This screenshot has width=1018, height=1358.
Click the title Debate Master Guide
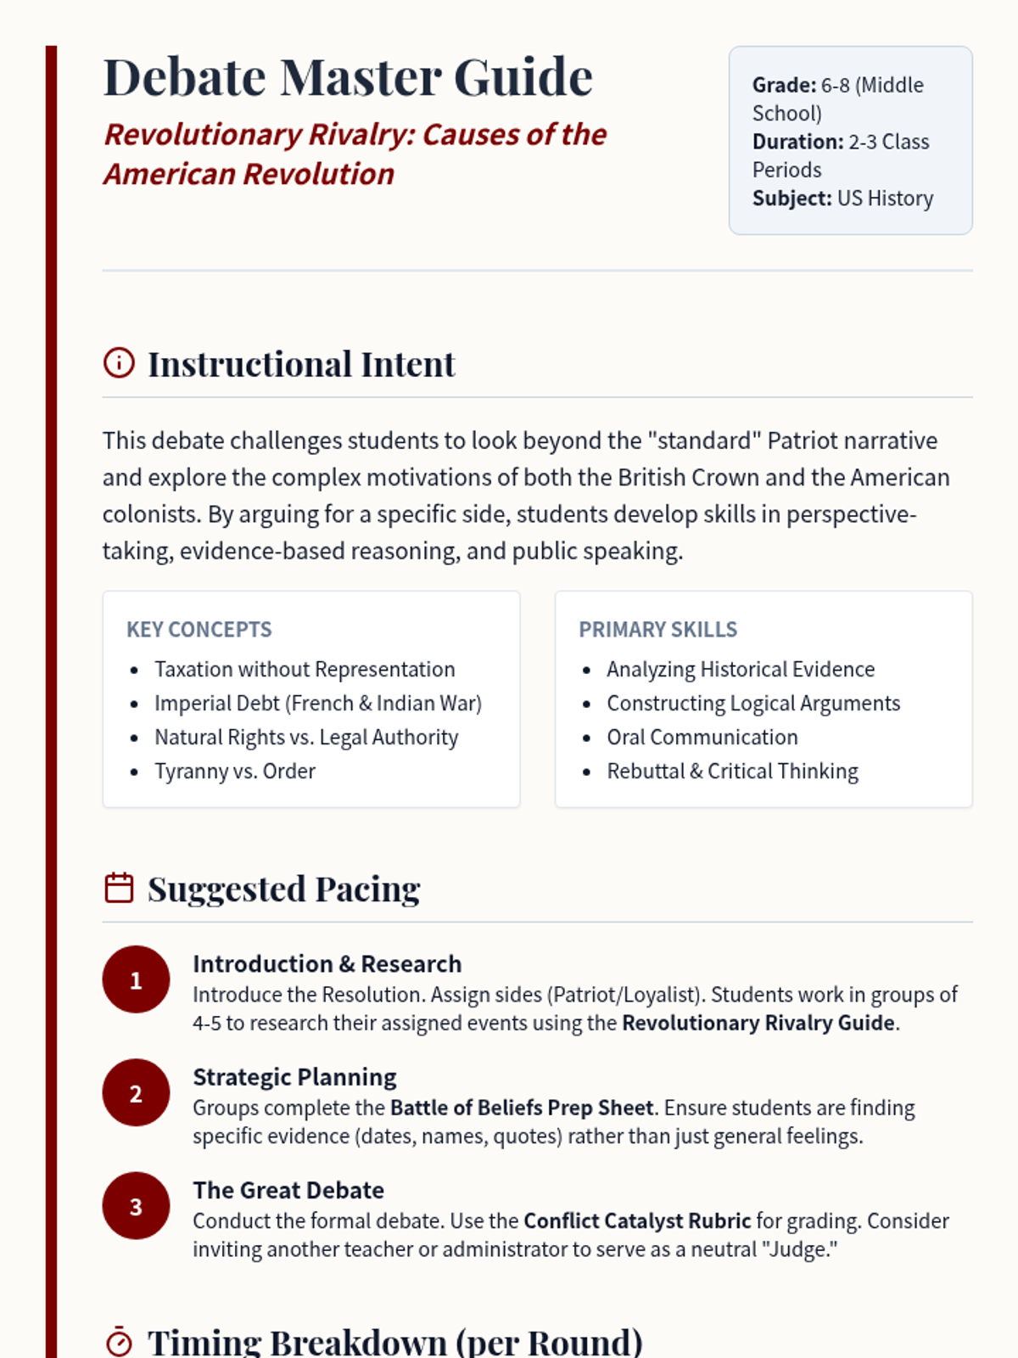[348, 77]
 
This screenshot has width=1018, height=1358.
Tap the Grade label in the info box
[784, 85]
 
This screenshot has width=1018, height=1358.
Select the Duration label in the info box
[797, 142]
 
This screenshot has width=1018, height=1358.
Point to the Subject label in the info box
[791, 199]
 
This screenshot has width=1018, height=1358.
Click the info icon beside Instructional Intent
[119, 362]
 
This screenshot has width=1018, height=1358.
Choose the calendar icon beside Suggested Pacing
[119, 888]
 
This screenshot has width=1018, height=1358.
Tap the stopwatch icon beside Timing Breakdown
[119, 1342]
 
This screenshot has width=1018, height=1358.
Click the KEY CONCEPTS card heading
[199, 630]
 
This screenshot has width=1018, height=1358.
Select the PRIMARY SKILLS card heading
[658, 630]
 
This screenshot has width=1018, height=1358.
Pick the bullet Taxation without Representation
[305, 670]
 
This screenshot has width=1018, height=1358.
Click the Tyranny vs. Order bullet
[235, 772]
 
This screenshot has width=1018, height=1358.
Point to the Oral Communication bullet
[702, 738]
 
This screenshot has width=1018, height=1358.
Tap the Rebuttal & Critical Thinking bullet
[732, 772]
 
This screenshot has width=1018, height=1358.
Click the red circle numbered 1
[136, 980]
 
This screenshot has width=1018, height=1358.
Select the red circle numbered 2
[136, 1093]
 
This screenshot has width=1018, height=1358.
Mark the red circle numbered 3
[136, 1206]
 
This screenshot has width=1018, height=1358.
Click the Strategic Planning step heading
[294, 1077]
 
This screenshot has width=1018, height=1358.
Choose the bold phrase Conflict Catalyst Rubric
[637, 1221]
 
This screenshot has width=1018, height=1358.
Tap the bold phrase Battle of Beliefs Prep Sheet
[522, 1108]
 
